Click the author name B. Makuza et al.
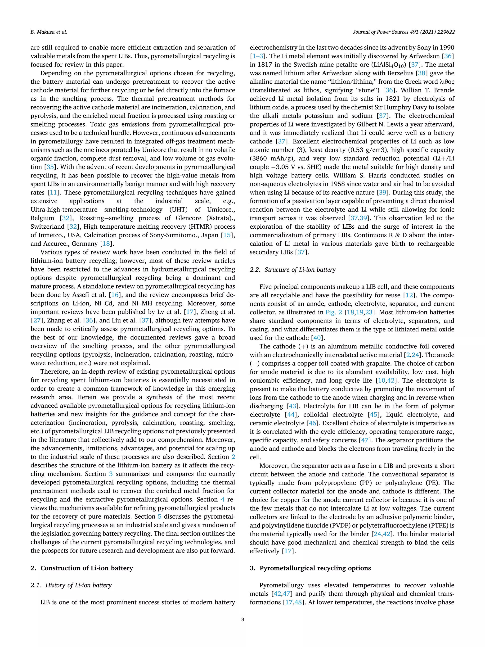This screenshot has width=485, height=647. (49, 32)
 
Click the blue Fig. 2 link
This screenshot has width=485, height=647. (334, 312)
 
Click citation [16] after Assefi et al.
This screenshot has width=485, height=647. (114, 295)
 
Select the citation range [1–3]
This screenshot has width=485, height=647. (258, 56)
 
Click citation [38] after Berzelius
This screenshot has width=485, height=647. (421, 73)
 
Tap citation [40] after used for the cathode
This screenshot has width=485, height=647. (317, 338)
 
